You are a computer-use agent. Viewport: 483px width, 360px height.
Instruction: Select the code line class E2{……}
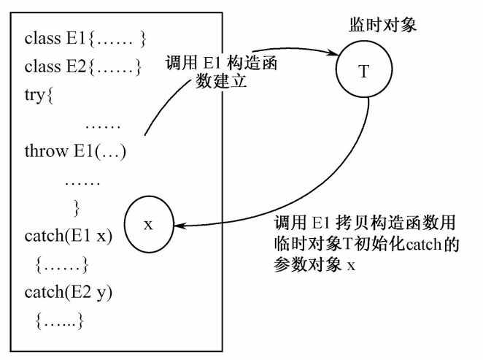pos(83,69)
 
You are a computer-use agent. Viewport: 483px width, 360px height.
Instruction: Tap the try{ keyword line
pos(39,95)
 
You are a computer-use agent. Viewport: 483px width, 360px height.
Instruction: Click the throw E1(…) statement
pos(75,152)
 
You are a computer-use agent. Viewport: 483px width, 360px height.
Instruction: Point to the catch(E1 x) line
pos(68,237)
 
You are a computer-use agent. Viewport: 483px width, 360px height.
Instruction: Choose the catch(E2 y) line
pos(68,292)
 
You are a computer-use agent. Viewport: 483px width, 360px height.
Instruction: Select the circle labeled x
pos(148,224)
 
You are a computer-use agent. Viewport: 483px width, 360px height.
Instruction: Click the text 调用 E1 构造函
pos(223,63)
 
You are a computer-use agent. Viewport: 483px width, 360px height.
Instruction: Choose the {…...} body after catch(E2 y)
pos(61,319)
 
